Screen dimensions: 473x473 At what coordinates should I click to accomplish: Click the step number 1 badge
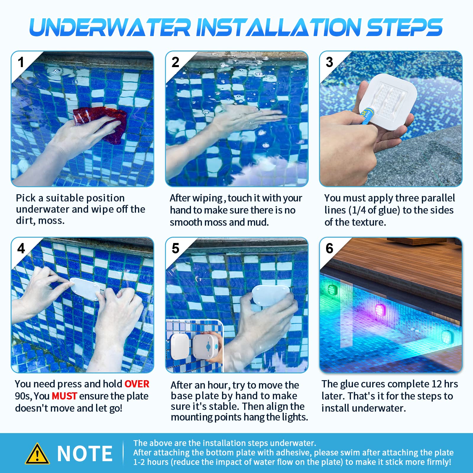[21, 62]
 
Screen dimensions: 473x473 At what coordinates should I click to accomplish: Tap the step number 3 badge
[329, 62]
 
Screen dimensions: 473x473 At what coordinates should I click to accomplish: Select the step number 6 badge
[329, 248]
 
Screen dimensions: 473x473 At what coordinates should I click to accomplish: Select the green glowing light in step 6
[333, 290]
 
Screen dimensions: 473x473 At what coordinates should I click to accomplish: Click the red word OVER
[137, 384]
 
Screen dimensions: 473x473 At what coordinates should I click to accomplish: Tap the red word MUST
[64, 396]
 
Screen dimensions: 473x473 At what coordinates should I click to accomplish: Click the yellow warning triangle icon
[37, 454]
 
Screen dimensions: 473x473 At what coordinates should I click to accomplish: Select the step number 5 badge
[175, 248]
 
